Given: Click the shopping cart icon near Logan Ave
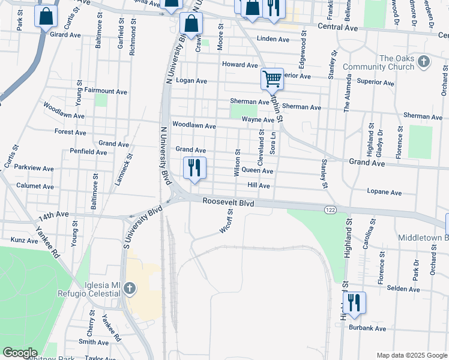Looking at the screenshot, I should (x=272, y=79).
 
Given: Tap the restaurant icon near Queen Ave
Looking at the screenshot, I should (x=194, y=168).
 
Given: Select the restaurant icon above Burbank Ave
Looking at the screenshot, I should (x=354, y=303).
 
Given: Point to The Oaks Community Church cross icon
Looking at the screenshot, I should (x=423, y=61).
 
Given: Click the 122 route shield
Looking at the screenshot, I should (x=330, y=209).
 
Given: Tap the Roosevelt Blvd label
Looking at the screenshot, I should (x=228, y=203).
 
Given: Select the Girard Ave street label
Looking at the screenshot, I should (x=65, y=35).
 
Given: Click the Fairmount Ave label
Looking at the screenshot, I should (x=106, y=92).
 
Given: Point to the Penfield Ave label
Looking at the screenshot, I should (x=88, y=152).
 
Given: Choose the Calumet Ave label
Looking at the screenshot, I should (x=35, y=186).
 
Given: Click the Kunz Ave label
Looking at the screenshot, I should (x=24, y=240).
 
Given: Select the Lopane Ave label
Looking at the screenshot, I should (x=384, y=193).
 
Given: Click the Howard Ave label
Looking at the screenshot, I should (x=240, y=64).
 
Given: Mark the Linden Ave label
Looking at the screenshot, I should (x=273, y=39).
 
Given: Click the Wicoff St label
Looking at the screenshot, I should (x=226, y=221).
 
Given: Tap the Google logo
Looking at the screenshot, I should (x=20, y=353).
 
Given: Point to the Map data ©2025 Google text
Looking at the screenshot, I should (x=411, y=355).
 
